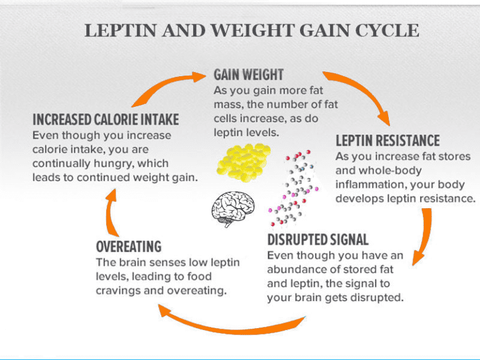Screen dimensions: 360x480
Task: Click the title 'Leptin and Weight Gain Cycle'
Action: click(x=252, y=31)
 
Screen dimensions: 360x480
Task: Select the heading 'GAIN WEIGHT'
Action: click(x=249, y=75)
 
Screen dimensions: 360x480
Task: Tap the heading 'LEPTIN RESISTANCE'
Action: click(x=387, y=141)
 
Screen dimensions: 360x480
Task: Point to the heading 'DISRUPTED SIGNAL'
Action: click(x=317, y=239)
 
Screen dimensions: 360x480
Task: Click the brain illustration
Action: click(x=233, y=208)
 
